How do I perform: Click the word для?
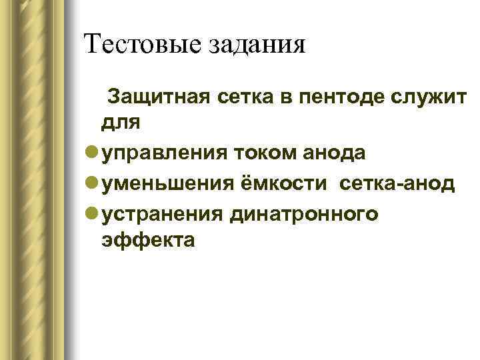[x=120, y=123]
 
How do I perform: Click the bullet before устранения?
[x=91, y=213]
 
